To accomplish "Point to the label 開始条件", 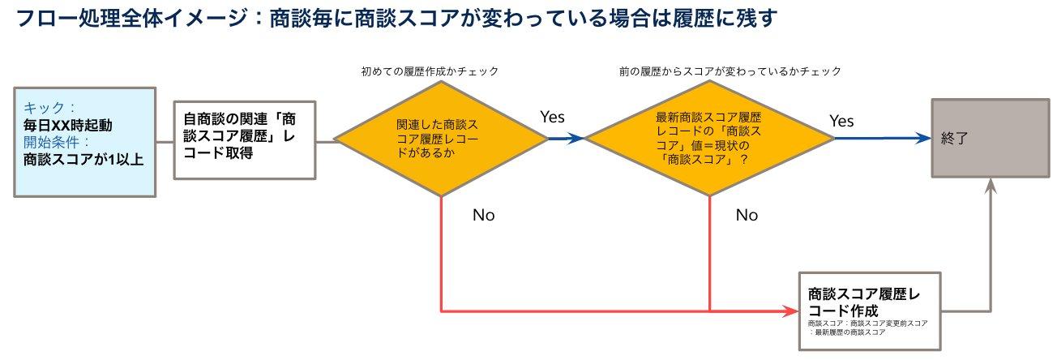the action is click(56, 142).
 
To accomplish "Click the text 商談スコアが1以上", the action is click(83, 159).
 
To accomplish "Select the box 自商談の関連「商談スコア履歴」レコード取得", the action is click(245, 139).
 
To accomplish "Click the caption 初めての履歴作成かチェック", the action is click(430, 71).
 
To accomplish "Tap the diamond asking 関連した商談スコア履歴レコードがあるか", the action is click(442, 139).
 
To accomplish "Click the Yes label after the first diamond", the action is click(552, 117).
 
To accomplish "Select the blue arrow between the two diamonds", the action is click(567, 139).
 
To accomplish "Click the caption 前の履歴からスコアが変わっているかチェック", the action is click(730, 71).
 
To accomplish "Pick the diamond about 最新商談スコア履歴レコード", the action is click(709, 139).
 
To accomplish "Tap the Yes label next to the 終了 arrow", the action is click(841, 121).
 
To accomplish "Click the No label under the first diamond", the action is click(483, 216).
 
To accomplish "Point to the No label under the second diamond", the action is click(747, 216).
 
